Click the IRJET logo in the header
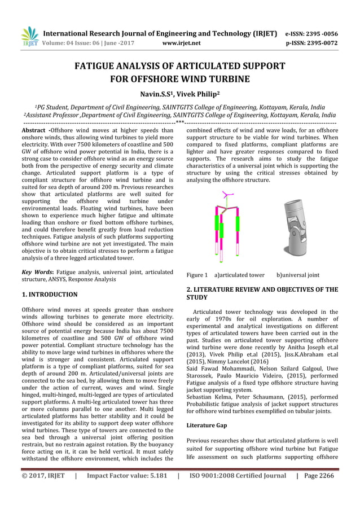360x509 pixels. [29, 37]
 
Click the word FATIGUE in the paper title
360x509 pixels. [98, 66]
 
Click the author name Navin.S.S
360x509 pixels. [158, 92]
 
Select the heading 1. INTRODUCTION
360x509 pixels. [49, 295]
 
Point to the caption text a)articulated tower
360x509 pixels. [239, 275]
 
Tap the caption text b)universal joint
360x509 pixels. [298, 275]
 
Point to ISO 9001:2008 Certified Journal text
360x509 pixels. [238, 475]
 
